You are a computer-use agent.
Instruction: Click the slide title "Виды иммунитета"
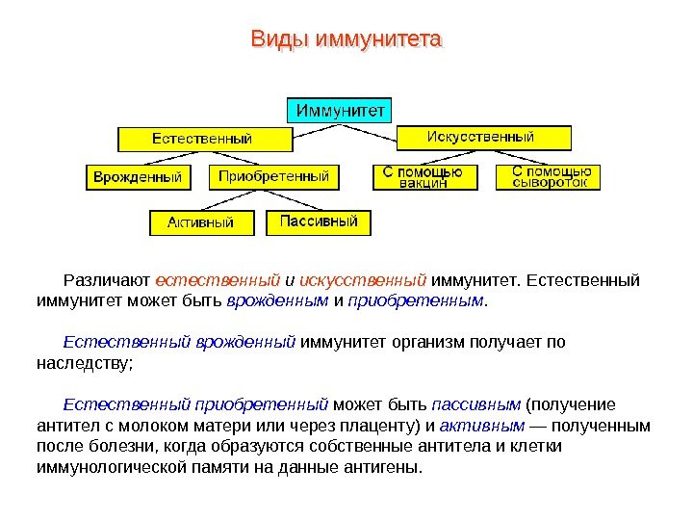(x=346, y=40)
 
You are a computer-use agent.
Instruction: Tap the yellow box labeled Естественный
(x=204, y=139)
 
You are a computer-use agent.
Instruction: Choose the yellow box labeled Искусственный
(x=480, y=137)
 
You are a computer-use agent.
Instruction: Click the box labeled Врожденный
(x=138, y=177)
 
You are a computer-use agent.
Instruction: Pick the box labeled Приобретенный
(x=273, y=177)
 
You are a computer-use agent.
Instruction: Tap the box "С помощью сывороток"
(x=550, y=176)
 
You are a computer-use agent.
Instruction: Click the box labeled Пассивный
(x=319, y=221)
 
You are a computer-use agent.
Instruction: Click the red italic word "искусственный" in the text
(x=364, y=281)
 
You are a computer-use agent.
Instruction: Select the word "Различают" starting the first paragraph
(x=106, y=281)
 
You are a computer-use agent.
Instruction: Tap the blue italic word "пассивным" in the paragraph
(x=476, y=403)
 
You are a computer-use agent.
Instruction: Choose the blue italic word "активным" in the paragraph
(x=488, y=425)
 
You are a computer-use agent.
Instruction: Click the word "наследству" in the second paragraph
(x=82, y=363)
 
